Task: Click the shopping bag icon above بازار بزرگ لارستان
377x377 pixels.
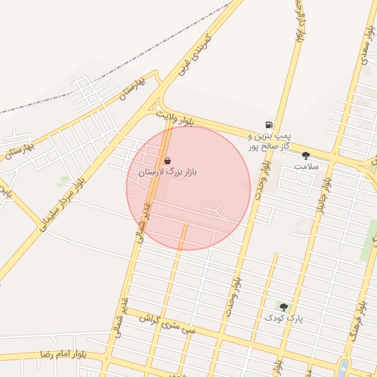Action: click(168, 161)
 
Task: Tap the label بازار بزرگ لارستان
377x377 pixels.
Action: click(168, 172)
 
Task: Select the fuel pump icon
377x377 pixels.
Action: click(269, 126)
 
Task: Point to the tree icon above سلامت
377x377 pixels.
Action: click(306, 155)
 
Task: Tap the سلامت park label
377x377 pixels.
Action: click(306, 166)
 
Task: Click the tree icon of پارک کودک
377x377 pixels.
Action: click(283, 306)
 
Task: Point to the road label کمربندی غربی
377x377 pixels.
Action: click(195, 54)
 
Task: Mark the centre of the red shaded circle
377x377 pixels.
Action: click(188, 188)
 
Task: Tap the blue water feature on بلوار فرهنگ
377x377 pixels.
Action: click(343, 367)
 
